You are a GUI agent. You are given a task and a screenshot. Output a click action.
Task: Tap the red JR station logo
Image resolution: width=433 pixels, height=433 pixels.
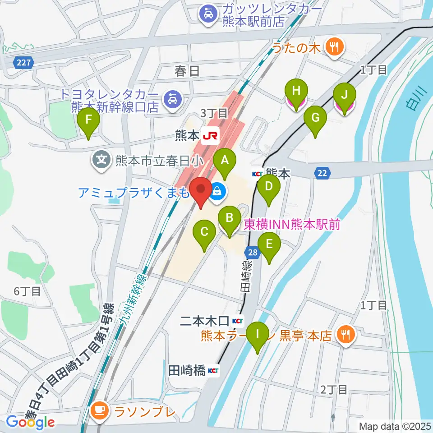pyautogui.click(x=210, y=134)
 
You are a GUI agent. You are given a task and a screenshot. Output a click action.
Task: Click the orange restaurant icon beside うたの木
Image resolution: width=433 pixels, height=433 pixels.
pyautogui.click(x=334, y=46)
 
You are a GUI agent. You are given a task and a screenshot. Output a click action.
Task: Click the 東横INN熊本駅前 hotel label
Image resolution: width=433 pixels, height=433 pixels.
pyautogui.click(x=291, y=224)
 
